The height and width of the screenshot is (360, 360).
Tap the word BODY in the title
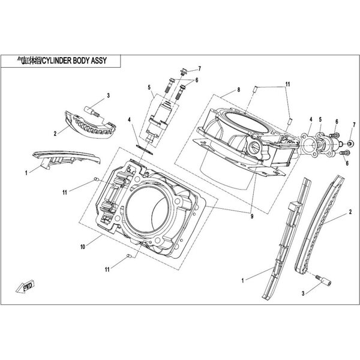point(81,61)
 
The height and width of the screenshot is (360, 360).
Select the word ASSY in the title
point(99,61)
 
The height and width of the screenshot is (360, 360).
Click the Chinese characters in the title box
point(29,61)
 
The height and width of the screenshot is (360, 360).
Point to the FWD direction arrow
point(25,286)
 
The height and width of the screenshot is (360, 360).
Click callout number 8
point(239,89)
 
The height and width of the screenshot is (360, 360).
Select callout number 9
point(252,216)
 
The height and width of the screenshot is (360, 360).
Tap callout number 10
point(83,247)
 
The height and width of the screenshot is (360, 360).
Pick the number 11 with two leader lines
point(287,84)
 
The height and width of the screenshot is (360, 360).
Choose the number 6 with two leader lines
point(197,80)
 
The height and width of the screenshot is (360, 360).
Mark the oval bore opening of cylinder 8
point(245,122)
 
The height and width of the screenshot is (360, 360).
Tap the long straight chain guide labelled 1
point(286,239)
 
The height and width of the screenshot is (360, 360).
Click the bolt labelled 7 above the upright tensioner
point(183,71)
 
